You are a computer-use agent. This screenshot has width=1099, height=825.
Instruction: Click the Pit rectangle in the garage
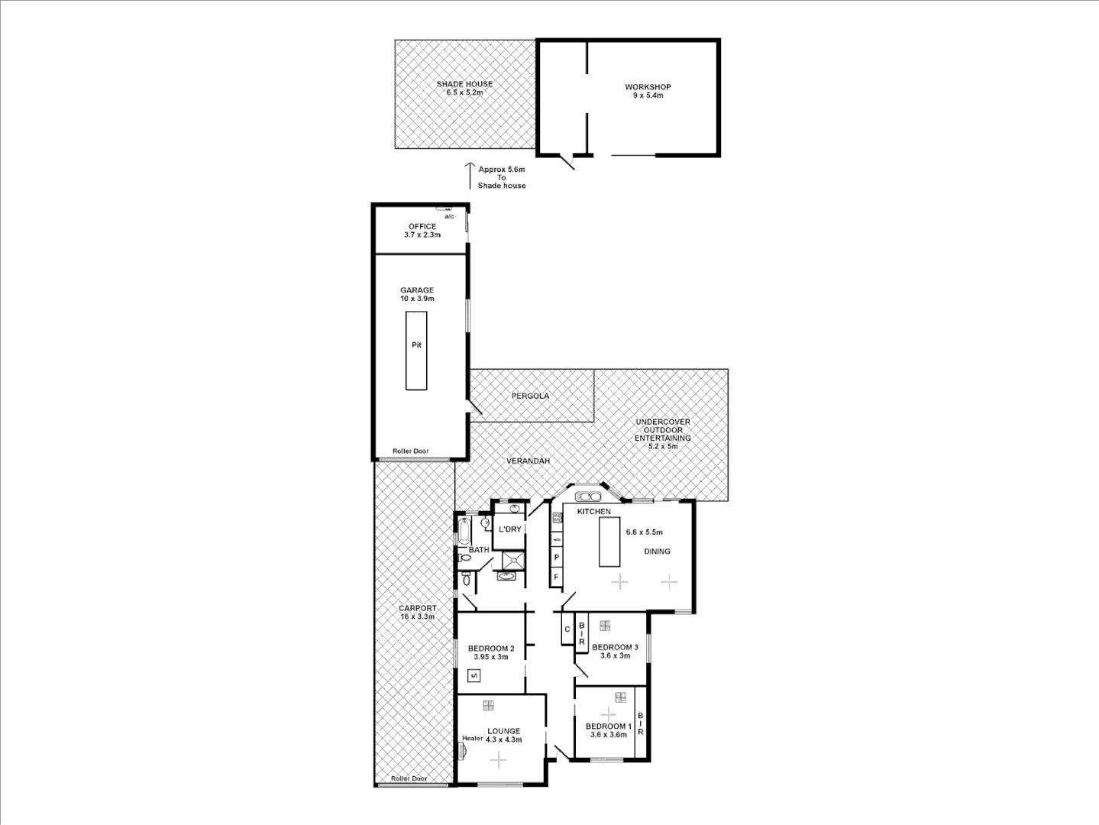416,351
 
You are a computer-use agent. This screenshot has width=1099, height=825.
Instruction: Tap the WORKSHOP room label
648,87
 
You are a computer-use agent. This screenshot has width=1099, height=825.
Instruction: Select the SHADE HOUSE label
464,84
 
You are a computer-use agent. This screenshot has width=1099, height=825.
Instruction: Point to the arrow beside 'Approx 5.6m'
468,176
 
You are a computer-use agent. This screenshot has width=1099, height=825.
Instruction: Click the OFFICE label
422,226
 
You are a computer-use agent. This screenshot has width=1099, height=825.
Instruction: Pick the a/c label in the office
449,216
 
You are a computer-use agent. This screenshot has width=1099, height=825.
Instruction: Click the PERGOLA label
530,396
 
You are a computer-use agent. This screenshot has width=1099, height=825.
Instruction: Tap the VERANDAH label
528,461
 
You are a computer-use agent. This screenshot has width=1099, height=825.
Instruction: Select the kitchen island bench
609,542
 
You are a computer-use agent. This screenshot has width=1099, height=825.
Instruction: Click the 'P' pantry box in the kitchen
556,558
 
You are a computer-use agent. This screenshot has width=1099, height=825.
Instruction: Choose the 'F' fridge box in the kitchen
556,577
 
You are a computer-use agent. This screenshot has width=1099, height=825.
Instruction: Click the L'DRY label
509,529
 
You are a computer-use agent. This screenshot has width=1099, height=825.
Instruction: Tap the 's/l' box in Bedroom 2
474,675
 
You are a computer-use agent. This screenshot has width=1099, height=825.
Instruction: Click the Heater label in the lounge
472,738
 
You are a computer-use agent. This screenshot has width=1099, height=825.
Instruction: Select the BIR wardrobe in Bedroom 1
641,723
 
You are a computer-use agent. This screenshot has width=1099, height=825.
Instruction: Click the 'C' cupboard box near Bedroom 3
567,630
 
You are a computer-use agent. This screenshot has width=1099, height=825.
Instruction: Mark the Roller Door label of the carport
409,778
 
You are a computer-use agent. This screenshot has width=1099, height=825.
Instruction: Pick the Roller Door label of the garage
411,451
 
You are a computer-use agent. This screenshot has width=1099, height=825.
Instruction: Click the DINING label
657,551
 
